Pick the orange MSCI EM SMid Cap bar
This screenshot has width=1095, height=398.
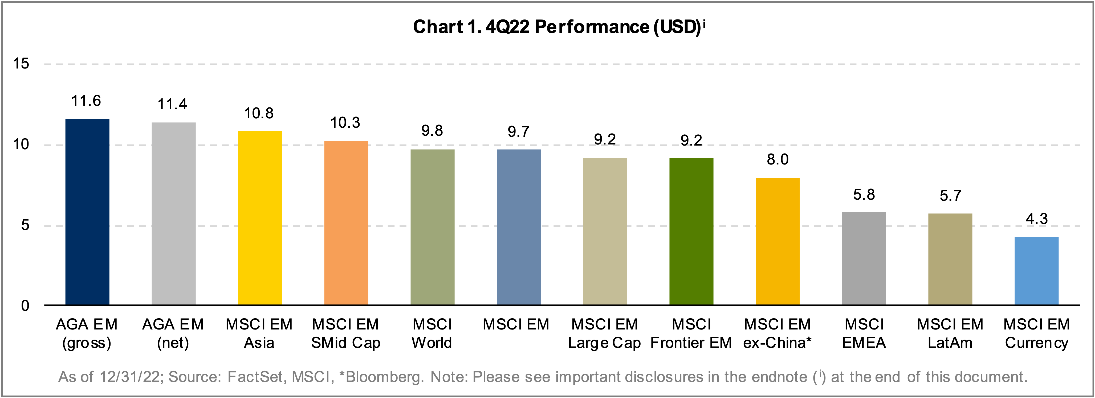click(346, 223)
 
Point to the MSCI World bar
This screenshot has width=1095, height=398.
click(432, 227)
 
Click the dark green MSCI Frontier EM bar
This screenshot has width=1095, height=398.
click(691, 231)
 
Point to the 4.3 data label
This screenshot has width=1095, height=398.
click(1036, 219)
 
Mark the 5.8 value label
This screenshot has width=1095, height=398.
click(864, 195)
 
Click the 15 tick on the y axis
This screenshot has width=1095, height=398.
click(21, 64)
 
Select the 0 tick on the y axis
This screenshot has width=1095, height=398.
click(25, 305)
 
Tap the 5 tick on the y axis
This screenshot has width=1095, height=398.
click(25, 225)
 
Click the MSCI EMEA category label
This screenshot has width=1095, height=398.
click(864, 333)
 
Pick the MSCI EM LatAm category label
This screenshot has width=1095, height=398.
click(950, 333)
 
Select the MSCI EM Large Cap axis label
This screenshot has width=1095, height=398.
click(604, 333)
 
